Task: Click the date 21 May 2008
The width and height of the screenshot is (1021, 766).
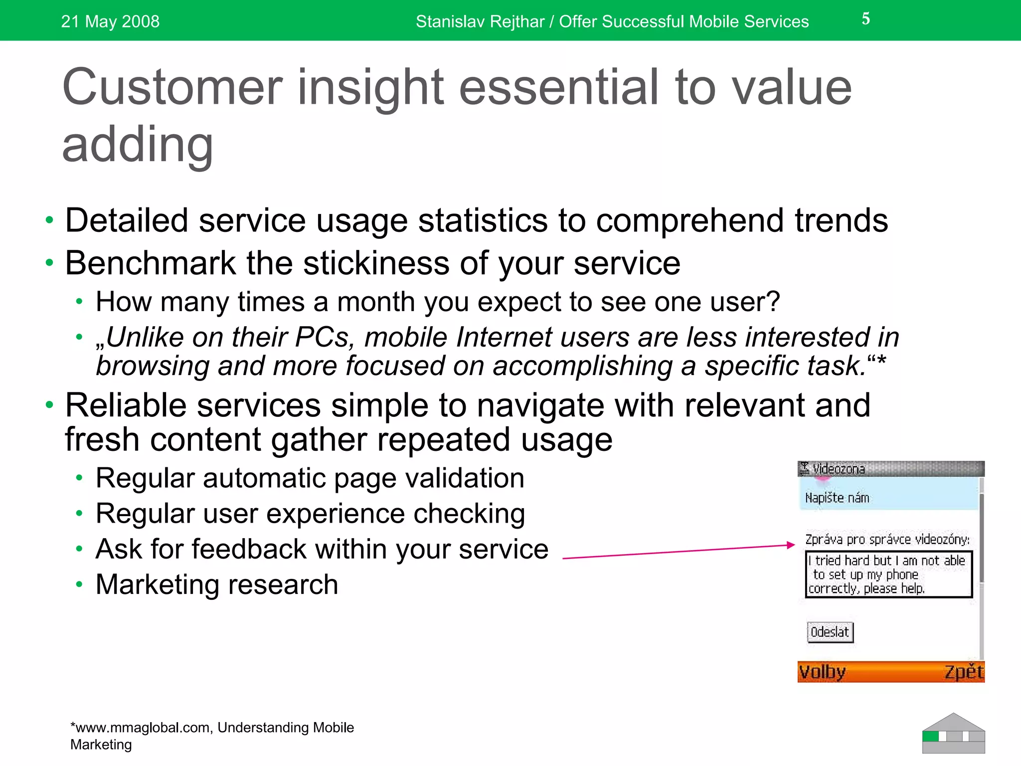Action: click(110, 21)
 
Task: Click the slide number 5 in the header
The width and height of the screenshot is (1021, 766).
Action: click(865, 19)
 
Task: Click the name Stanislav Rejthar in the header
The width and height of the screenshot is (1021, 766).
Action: click(480, 21)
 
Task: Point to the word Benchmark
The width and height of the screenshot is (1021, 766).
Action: click(150, 263)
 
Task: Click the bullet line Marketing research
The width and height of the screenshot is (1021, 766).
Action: click(217, 584)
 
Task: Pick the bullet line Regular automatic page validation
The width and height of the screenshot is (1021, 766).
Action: click(310, 478)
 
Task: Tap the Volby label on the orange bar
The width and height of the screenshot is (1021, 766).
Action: click(822, 672)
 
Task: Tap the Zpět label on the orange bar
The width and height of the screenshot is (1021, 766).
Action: click(963, 672)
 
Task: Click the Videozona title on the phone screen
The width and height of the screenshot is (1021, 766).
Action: click(838, 469)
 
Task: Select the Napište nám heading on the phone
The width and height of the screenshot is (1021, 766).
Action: click(837, 498)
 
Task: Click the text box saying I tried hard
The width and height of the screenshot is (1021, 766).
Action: click(888, 574)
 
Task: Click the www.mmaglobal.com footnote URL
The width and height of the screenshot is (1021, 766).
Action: click(141, 728)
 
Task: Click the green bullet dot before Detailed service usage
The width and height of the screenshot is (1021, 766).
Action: click(49, 220)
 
